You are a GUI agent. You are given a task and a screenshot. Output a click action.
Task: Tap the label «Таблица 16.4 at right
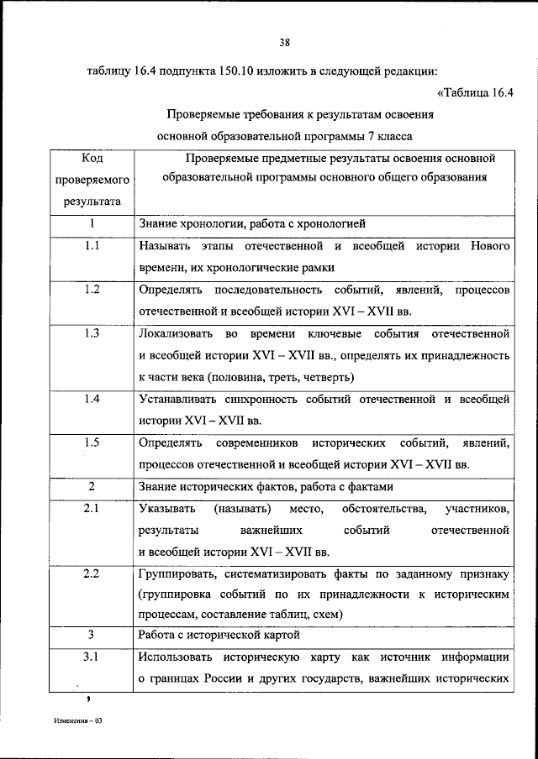pos(476,93)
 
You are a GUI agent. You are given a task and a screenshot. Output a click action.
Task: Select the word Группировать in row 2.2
pos(179,574)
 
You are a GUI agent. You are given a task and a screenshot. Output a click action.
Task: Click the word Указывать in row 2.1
pos(167,509)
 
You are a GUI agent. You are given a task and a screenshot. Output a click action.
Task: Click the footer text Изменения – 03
pos(77,720)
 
